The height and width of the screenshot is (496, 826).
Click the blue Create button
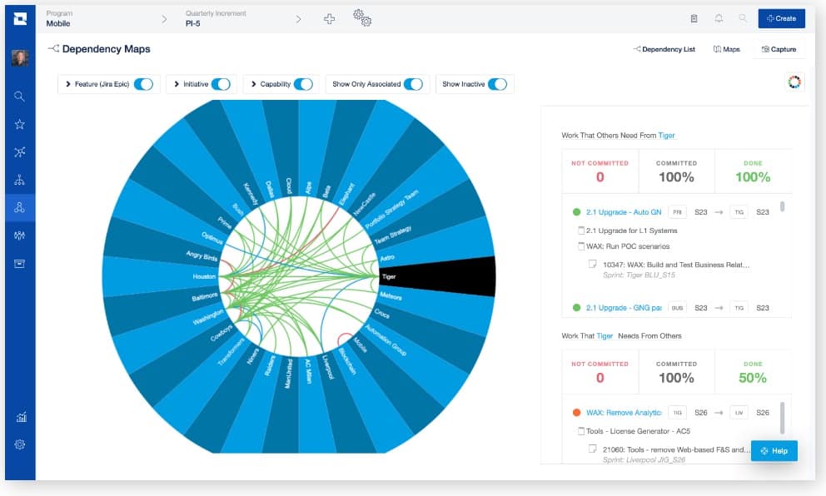pos(781,18)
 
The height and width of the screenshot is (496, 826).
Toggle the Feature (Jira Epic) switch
pos(143,84)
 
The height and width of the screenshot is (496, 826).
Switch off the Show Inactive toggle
pos(497,84)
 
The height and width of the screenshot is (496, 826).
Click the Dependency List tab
pos(664,50)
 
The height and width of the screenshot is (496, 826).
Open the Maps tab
pos(726,50)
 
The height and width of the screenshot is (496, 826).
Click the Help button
pos(774,451)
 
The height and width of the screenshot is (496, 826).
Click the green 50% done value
pos(753,378)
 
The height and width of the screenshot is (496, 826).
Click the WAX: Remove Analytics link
pos(623,412)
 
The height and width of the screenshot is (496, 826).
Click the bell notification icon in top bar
pos(718,18)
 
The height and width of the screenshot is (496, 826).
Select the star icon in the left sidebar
pos(20,124)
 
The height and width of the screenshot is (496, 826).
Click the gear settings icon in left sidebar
pos(20,444)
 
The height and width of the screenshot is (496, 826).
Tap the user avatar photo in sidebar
pos(20,58)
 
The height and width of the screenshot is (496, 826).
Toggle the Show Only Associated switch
pos(414,84)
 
